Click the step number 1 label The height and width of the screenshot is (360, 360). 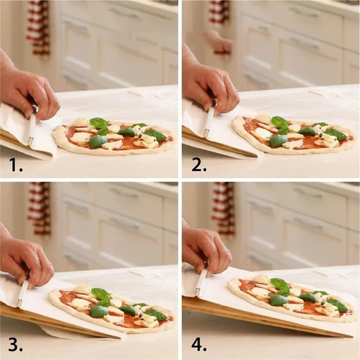coord(16,164)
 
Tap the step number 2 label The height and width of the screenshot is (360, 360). coord(199,164)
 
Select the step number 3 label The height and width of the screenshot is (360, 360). coord(15,344)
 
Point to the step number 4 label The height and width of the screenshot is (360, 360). coord(199,344)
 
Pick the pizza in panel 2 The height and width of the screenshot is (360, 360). coord(293,134)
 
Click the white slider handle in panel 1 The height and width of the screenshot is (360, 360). coord(32,129)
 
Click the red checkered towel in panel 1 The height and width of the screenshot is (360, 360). coord(38,27)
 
